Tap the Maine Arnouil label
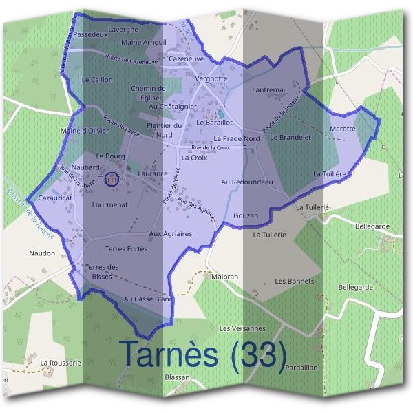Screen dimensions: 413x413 tap(143, 43)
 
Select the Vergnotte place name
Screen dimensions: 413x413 tap(211, 78)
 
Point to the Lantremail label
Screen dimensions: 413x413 tap(269, 90)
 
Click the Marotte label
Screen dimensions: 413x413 tap(343, 129)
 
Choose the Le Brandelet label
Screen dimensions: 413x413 tap(291, 137)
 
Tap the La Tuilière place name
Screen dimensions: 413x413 tap(329, 175)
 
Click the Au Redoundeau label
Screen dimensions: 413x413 tap(247, 182)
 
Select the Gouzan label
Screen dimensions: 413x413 tap(246, 215)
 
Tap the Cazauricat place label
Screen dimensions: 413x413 tap(55, 198)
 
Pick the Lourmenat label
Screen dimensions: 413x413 tap(110, 204)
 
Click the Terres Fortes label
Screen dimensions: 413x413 tap(126, 248)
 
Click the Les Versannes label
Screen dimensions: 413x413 tap(242, 328)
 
